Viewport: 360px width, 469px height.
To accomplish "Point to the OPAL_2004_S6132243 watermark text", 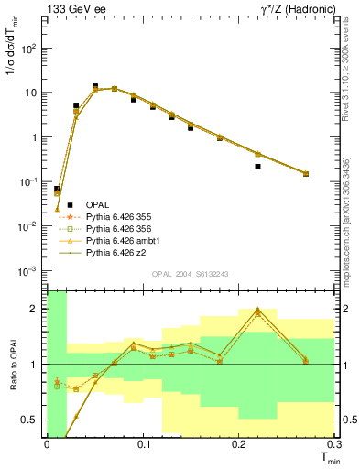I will coord(190,274).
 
